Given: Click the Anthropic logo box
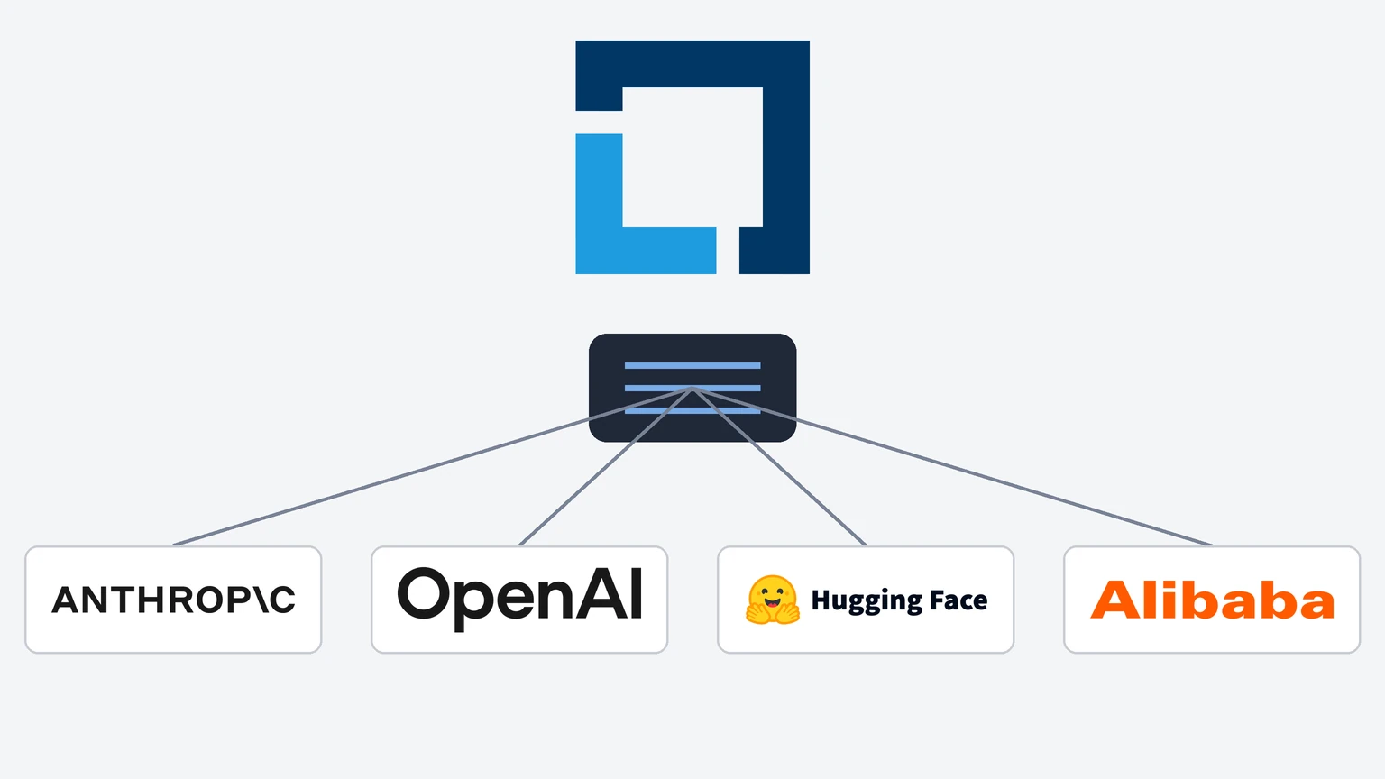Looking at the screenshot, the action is (173, 599).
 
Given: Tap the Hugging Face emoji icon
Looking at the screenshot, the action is (772, 600).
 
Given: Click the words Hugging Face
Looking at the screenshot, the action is (899, 600).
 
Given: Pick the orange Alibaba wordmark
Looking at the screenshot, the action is (1212, 600).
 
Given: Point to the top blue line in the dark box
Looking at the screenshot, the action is (692, 365).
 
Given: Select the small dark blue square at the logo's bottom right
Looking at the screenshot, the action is (775, 251).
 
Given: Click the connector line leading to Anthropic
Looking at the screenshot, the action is (433, 467).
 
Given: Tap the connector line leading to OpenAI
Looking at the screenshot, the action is (606, 467).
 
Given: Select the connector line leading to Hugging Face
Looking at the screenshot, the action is (779, 467).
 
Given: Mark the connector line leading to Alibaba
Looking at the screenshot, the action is (952, 467).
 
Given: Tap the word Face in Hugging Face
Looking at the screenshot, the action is (959, 600).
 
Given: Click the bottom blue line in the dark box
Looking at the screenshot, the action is (692, 410).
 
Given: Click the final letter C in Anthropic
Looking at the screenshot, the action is (282, 600).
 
